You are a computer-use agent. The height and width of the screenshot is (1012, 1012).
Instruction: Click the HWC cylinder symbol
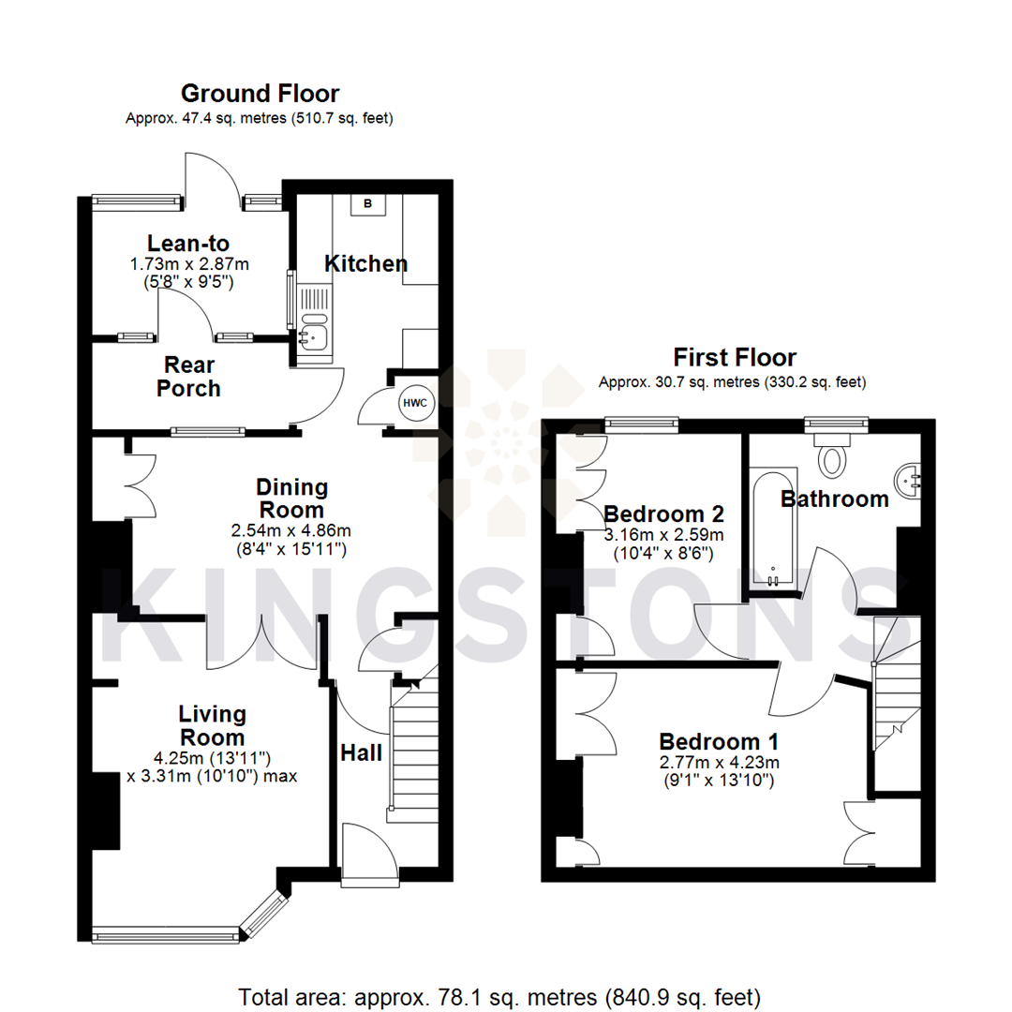[415, 404]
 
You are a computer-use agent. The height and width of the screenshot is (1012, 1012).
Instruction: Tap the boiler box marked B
[367, 203]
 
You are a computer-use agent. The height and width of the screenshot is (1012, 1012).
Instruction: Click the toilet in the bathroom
[832, 456]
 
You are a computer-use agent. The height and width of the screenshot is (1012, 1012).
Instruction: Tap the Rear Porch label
[188, 376]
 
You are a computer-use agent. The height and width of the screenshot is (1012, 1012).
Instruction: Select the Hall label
[361, 752]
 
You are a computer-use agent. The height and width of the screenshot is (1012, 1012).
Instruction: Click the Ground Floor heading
[260, 94]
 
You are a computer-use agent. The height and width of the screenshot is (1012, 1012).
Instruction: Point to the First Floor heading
[735, 357]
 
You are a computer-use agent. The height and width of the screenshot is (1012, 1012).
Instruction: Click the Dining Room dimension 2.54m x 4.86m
[292, 530]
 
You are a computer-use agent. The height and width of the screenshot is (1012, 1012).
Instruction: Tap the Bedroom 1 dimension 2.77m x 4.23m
[719, 761]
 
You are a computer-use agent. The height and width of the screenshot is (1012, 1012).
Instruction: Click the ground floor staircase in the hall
[412, 750]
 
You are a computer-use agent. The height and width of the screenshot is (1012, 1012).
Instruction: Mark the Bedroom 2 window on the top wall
[642, 423]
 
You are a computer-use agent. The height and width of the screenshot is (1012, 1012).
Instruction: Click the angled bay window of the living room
[263, 914]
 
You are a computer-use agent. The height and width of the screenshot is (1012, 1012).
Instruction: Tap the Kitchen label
[365, 263]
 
